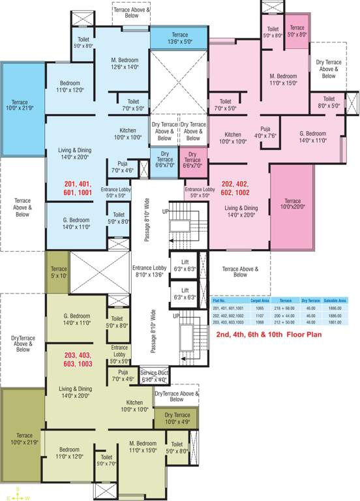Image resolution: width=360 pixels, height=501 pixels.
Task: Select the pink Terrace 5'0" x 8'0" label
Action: (297, 31)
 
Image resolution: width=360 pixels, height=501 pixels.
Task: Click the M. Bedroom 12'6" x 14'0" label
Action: (126, 63)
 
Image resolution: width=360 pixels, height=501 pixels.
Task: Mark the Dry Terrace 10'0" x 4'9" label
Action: (176, 418)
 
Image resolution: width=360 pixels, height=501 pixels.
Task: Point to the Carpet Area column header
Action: (260, 300)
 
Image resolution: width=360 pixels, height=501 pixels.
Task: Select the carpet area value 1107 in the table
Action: (260, 314)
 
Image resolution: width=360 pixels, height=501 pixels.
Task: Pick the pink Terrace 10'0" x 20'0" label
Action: (293, 204)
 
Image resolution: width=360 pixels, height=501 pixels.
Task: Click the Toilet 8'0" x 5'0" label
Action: (329, 102)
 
